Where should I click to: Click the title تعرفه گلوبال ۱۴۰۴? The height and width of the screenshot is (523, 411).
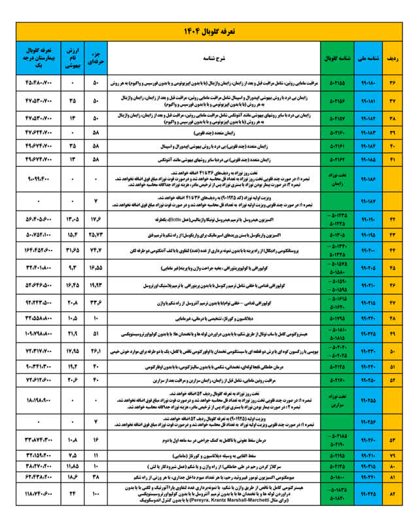coord(205,31)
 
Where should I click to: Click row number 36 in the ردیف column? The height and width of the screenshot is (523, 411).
coord(393,84)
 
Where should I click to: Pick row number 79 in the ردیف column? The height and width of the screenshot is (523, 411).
coord(393,454)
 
